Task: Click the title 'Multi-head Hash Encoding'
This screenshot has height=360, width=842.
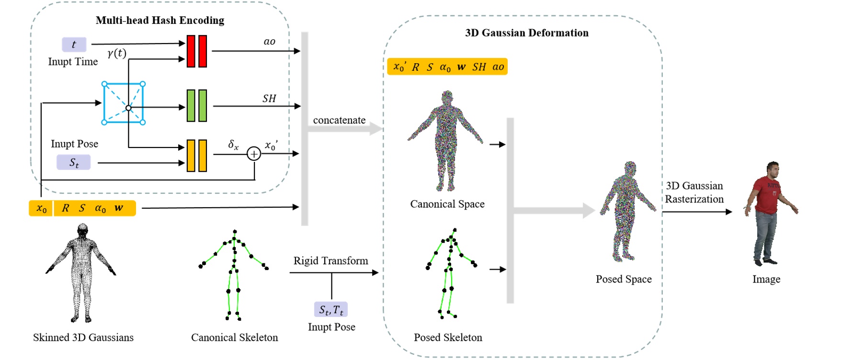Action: pos(159,20)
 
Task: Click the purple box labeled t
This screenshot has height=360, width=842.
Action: pos(74,45)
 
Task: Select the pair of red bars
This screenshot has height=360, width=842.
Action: pos(196,51)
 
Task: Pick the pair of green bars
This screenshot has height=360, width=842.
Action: pos(196,106)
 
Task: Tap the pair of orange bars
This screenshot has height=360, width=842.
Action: pos(196,155)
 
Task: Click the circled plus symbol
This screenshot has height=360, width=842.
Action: pos(253,154)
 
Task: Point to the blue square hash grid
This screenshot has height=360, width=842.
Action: pos(124,103)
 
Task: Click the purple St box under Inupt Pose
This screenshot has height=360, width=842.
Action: pos(74,162)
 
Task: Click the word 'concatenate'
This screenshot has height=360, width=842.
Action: pos(339,120)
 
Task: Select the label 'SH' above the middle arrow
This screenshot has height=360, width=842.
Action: pos(269,98)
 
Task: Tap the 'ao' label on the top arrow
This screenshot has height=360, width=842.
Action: pos(269,42)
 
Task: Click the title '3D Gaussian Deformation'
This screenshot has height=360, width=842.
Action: pos(526,33)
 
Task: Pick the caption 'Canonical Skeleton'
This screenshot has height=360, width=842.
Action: pos(234,337)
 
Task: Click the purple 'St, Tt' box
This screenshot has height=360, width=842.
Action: pos(331,310)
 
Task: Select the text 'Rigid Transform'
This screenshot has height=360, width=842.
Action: pos(330,261)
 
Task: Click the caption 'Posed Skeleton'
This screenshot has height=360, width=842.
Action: pos(448,337)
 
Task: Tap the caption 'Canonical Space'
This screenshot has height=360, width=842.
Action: pos(447,204)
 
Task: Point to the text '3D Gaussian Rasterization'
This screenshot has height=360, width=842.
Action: pos(694,192)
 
